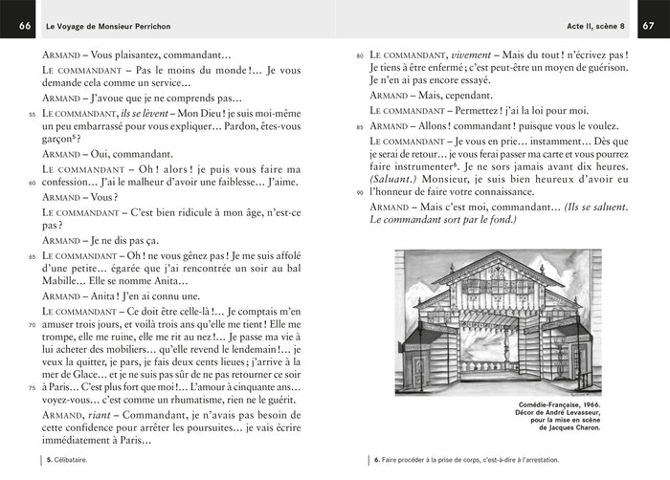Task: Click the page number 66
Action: (23, 25)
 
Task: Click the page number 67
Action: (648, 25)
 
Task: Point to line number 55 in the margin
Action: (32, 114)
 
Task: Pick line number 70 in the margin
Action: (32, 325)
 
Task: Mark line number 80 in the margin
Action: (360, 56)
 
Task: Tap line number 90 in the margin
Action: (360, 192)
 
